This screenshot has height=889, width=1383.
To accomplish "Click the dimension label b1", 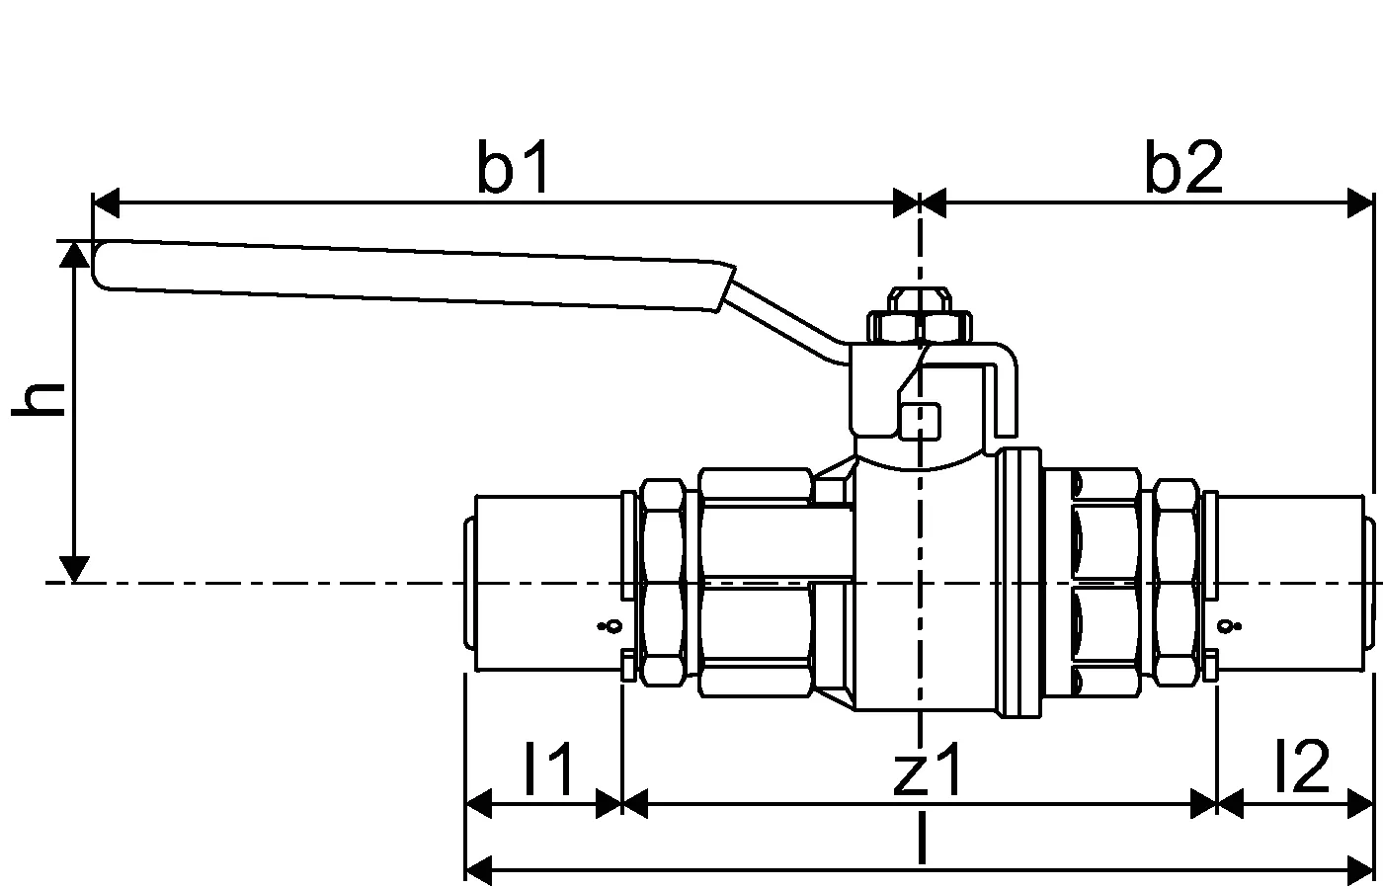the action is [513, 167].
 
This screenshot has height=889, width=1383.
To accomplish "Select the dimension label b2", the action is [1183, 167].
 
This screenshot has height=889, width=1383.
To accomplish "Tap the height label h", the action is [39, 399].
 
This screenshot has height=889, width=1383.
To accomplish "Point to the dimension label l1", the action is [549, 768].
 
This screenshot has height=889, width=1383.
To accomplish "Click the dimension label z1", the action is [927, 769].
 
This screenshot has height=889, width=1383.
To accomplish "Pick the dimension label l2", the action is [1303, 767].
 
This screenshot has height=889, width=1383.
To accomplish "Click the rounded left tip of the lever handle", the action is [94, 265].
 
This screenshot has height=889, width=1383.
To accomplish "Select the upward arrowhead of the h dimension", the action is [74, 254].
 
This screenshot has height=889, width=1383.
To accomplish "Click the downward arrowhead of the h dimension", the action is [74, 569].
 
